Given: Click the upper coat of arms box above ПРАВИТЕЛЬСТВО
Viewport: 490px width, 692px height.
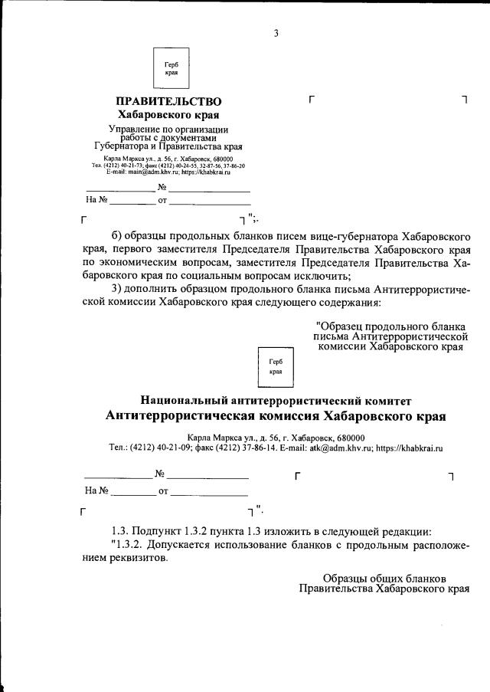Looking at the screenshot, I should click(x=171, y=69).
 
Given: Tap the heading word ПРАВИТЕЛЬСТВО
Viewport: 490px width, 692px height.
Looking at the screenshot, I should click(x=168, y=102).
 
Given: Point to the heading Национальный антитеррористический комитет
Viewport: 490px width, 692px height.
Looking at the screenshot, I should click(x=276, y=400).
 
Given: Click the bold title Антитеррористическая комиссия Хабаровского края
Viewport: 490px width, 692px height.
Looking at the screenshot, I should click(x=276, y=416).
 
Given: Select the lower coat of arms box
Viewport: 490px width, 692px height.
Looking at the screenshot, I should click(x=276, y=366).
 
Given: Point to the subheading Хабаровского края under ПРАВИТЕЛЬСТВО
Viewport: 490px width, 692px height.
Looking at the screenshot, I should click(x=168, y=115).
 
